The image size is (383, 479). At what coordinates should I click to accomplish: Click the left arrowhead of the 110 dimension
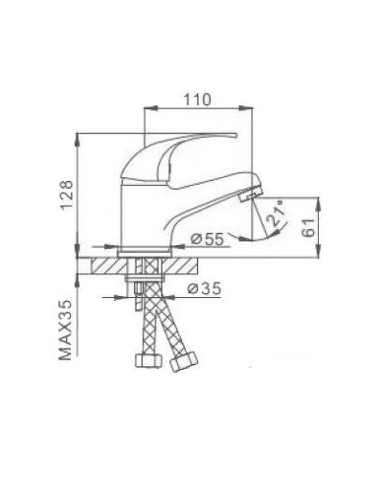[x=146, y=110]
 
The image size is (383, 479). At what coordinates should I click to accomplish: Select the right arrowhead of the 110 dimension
[x=256, y=110]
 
